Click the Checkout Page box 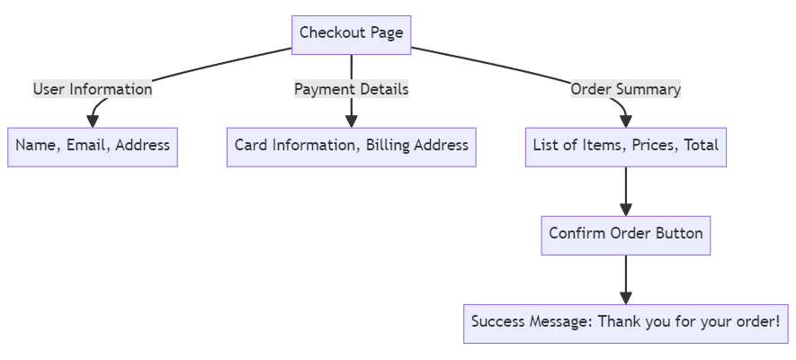point(351,34)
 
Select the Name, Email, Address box point(92,147)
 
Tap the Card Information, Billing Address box point(351,147)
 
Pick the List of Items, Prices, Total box point(625,147)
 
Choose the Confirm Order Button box point(625,235)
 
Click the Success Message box point(625,322)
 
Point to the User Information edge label point(93,90)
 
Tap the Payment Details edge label point(351,90)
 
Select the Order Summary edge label point(625,90)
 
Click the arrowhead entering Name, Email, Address point(92,121)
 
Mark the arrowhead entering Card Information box point(351,121)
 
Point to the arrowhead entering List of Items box point(625,121)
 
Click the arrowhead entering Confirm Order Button point(625,209)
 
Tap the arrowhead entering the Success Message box point(625,297)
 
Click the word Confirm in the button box point(577,235)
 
